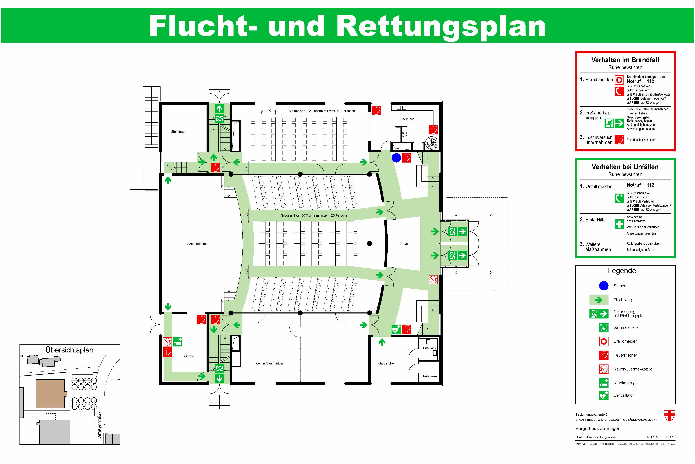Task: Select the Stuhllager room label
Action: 178,132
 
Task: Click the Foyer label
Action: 405,244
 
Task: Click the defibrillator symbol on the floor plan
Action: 396,329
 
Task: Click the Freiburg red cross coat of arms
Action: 669,415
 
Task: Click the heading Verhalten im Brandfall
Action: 625,60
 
